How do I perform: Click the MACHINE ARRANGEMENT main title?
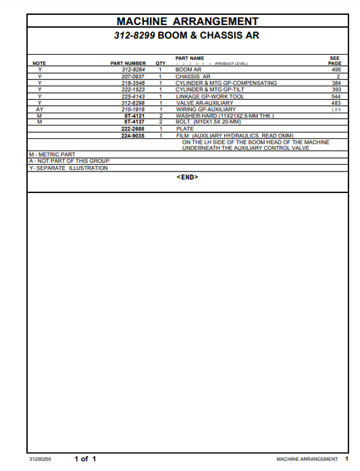pyautogui.click(x=187, y=22)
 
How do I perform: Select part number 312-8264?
pyautogui.click(x=133, y=70)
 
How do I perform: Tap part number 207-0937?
pyautogui.click(x=133, y=76)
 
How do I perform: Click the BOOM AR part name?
pyautogui.click(x=188, y=70)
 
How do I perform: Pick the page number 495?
pyautogui.click(x=336, y=70)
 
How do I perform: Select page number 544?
pyautogui.click(x=336, y=96)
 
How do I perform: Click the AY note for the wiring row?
pyautogui.click(x=40, y=109)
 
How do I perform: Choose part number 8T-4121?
pyautogui.click(x=134, y=115)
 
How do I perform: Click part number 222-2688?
pyautogui.click(x=133, y=128)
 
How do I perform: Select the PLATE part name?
pyautogui.click(x=184, y=128)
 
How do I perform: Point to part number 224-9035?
pyautogui.click(x=133, y=135)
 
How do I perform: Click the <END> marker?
pyautogui.click(x=187, y=177)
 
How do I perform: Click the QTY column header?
pyautogui.click(x=160, y=63)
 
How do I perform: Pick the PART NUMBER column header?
pyautogui.click(x=128, y=63)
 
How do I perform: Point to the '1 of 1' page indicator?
pyautogui.click(x=85, y=459)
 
